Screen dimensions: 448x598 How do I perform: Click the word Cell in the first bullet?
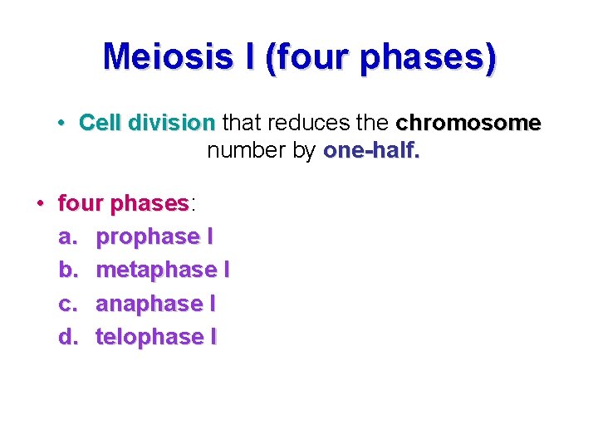click(100, 124)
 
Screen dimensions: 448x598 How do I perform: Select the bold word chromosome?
click(468, 124)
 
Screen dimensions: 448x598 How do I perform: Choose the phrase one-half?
click(371, 151)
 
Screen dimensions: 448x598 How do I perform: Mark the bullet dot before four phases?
click(39, 203)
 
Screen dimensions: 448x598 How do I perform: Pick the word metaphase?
click(156, 270)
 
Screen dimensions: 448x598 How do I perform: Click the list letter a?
click(67, 237)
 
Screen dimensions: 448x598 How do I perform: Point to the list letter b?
click(67, 270)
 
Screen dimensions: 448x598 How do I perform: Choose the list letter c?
click(67, 304)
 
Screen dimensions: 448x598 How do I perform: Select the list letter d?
click(67, 337)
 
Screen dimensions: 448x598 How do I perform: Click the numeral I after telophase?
click(213, 337)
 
